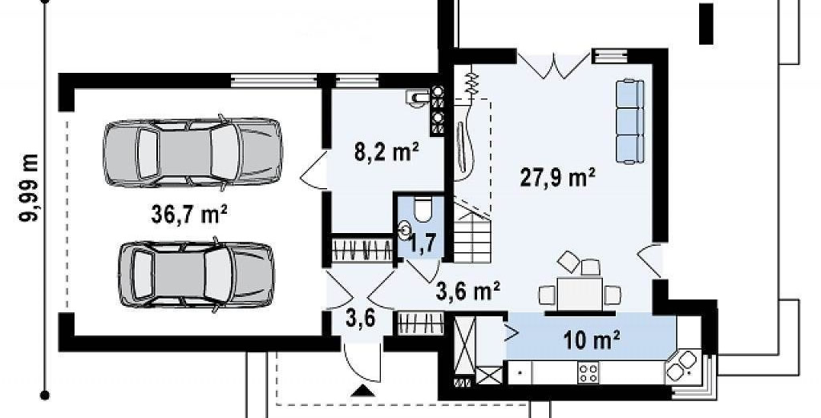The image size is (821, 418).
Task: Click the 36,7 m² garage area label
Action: pos(189,215)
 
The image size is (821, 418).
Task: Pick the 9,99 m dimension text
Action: pos(30,188)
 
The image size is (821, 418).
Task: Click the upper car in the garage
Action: pos(192,151)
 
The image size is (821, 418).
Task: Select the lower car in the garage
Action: pos(196,274)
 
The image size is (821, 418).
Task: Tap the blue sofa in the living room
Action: pos(629,122)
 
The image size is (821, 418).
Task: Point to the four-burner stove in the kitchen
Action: pos(588,373)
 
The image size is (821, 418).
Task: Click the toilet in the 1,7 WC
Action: pos(422,211)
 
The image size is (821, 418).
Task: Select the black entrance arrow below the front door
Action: pos(362,392)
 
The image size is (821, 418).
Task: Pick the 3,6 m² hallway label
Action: pos(467,291)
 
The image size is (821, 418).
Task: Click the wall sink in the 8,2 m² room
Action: pos(417,97)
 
